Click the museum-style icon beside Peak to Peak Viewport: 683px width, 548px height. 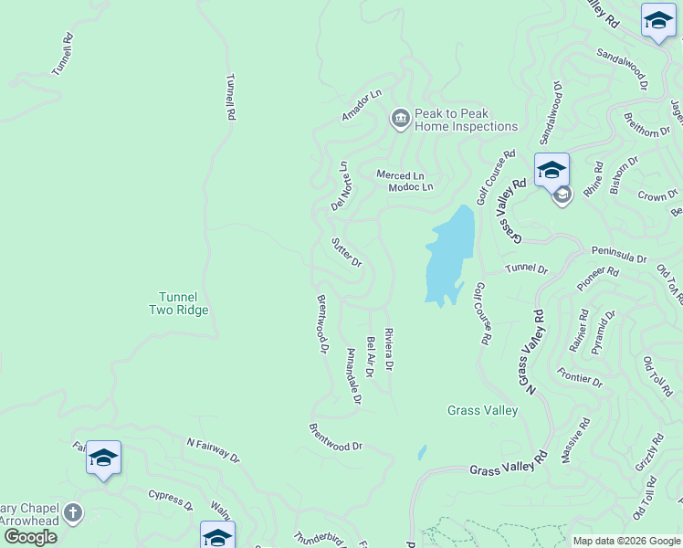400,119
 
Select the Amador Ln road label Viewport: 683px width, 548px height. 361,106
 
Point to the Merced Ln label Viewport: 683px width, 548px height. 401,174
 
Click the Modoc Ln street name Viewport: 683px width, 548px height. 410,187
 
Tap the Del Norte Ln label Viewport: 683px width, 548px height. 341,185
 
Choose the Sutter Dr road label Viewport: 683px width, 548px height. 347,251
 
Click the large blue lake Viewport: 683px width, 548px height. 449,255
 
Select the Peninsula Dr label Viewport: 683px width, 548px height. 619,259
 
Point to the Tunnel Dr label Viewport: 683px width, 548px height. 527,269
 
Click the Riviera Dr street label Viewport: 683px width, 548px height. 388,349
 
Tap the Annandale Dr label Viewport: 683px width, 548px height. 354,375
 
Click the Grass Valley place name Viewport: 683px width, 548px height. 482,410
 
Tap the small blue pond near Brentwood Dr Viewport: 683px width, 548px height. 421,452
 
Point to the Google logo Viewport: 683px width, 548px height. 29,537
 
